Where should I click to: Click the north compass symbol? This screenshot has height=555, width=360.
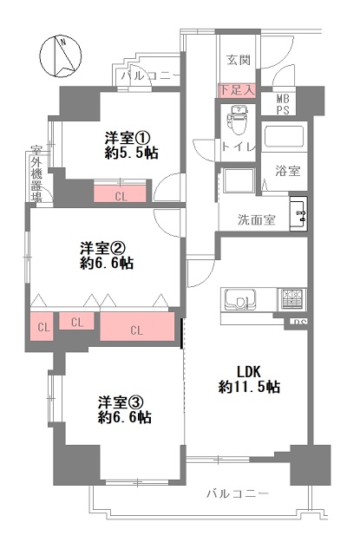[x=61, y=55]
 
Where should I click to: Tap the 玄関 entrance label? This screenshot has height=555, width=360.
[x=239, y=60]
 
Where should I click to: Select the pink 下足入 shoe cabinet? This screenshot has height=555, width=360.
[x=237, y=90]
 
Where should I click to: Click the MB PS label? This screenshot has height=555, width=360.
[x=283, y=104]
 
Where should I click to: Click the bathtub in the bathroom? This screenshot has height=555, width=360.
[x=284, y=136]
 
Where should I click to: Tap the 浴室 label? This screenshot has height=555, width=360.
[x=288, y=172]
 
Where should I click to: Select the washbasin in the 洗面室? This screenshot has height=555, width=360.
[x=298, y=213]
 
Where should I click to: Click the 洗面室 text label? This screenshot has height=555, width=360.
[x=256, y=219]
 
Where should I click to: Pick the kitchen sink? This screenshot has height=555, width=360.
[x=239, y=300]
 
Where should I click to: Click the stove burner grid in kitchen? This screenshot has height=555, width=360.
[x=291, y=299]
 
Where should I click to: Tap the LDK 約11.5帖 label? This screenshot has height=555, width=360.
[x=249, y=380]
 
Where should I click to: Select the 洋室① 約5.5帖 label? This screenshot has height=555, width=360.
[x=131, y=146]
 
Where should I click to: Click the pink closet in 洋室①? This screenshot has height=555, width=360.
[x=120, y=193]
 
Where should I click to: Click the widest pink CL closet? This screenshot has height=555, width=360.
[x=137, y=326]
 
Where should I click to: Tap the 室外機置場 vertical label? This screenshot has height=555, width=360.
[x=36, y=173]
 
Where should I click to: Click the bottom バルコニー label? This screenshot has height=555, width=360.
[x=238, y=493]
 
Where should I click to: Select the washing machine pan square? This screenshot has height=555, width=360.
[x=239, y=180]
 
